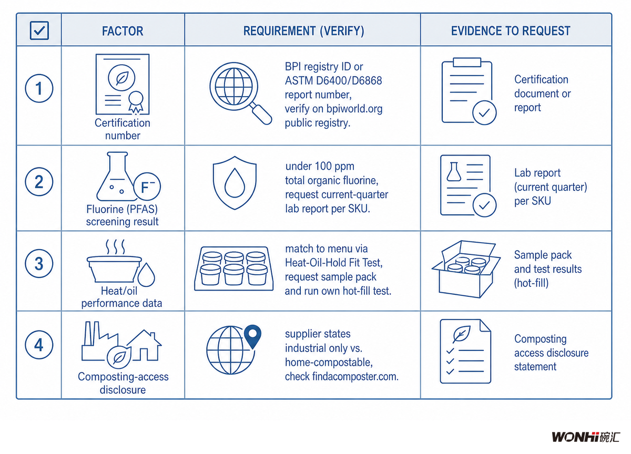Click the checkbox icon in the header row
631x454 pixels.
pos(39,30)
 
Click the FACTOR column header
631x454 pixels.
pos(123,31)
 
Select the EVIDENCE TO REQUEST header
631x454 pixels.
pos(511,30)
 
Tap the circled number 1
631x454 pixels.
pos(39,88)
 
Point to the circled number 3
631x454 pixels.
pos(39,263)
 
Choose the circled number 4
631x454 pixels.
pos(39,345)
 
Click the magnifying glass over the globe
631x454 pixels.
pos(241,93)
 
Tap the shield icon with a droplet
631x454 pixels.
pos(235,183)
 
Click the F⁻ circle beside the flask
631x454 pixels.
pos(147,187)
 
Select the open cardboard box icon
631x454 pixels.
pos(466,269)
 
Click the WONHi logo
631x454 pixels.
pos(586,437)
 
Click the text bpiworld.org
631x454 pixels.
pos(354,109)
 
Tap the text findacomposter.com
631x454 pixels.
pos(355,376)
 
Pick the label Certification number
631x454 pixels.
pos(123,129)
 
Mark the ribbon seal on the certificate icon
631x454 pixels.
pos(136,102)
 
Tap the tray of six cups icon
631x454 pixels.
pos(234,269)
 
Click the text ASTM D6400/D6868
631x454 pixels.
pos(333,81)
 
